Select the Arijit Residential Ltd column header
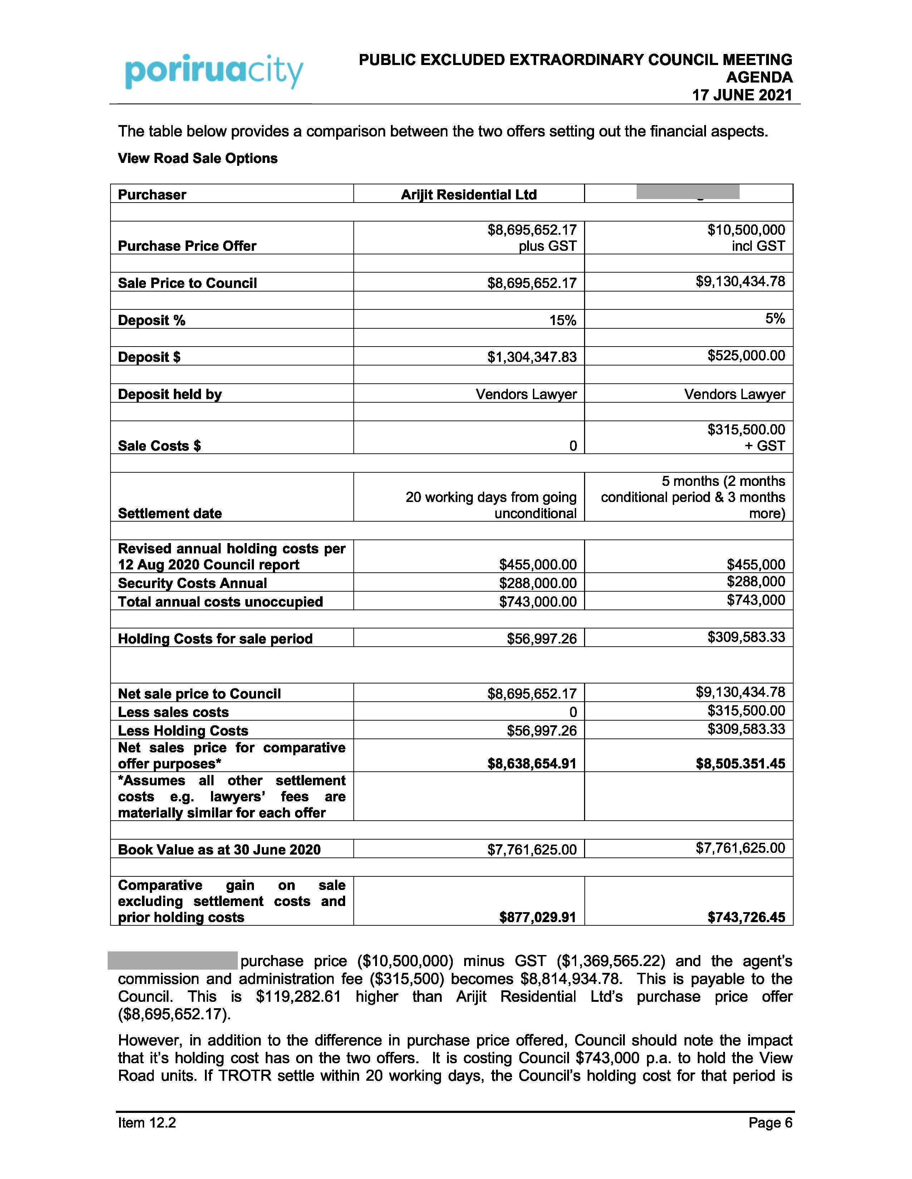pyautogui.click(x=469, y=194)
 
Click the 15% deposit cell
pyautogui.click(x=563, y=321)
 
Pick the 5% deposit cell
pyautogui.click(x=775, y=318)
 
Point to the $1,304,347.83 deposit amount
pyautogui.click(x=531, y=357)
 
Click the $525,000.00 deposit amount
pyautogui.click(x=746, y=355)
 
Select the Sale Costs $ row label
pyautogui.click(x=160, y=446)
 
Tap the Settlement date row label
pyautogui.click(x=170, y=513)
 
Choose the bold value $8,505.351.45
pyautogui.click(x=740, y=763)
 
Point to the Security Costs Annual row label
pyautogui.click(x=192, y=583)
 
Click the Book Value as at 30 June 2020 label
pyautogui.click(x=219, y=850)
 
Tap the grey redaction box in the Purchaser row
pyautogui.click(x=687, y=191)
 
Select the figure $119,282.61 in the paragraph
pyautogui.click(x=298, y=996)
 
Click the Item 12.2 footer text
pyautogui.click(x=147, y=1123)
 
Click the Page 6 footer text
pyautogui.click(x=770, y=1123)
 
